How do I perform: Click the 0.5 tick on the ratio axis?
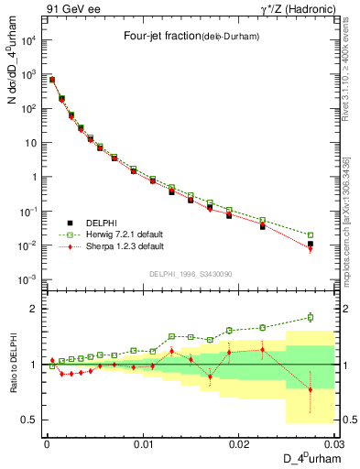(33, 420)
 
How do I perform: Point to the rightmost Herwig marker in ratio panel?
(311, 318)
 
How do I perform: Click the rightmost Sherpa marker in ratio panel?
(311, 389)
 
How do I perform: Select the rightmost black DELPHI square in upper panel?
(311, 245)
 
